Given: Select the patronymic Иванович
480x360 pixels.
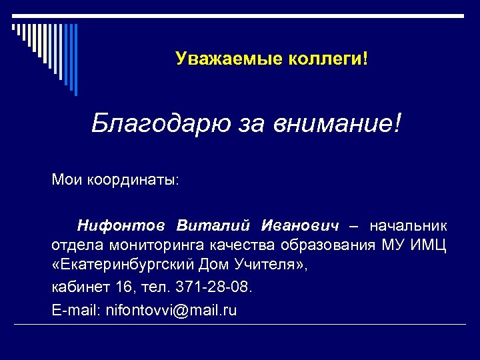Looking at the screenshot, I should (301, 225).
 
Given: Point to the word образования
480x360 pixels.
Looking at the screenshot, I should (330, 245).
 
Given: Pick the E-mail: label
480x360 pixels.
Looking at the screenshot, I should (73, 310).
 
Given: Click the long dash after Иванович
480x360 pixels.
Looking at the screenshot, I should (355, 225).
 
